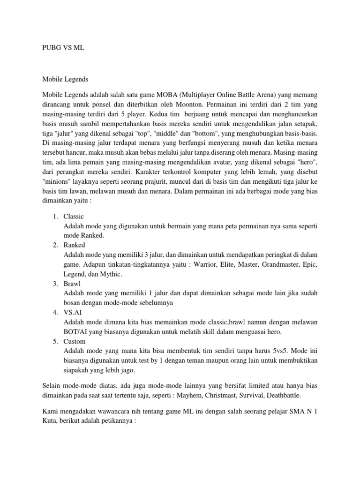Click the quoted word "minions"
[x=57, y=180]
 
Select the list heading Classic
[x=74, y=216]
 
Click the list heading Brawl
[x=72, y=284]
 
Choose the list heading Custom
[x=74, y=341]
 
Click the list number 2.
[x=55, y=245]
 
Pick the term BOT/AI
[x=76, y=332]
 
